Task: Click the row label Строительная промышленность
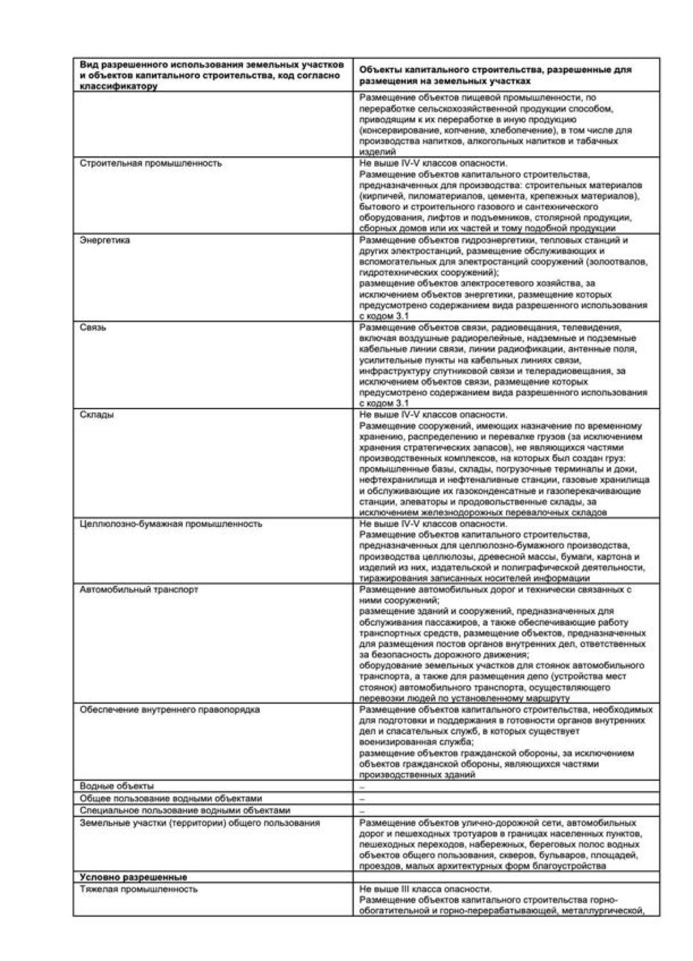(x=151, y=163)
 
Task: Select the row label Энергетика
(x=104, y=240)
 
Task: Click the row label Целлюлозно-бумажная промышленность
(x=171, y=524)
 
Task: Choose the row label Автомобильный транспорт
(x=138, y=589)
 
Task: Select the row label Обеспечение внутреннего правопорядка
(x=170, y=710)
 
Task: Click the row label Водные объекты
(x=117, y=786)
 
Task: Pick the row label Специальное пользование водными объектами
(x=185, y=810)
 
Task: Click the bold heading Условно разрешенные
(x=134, y=877)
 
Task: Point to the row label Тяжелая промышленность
(x=138, y=889)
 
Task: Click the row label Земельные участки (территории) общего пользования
(x=200, y=823)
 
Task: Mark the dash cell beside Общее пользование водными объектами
(x=362, y=799)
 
